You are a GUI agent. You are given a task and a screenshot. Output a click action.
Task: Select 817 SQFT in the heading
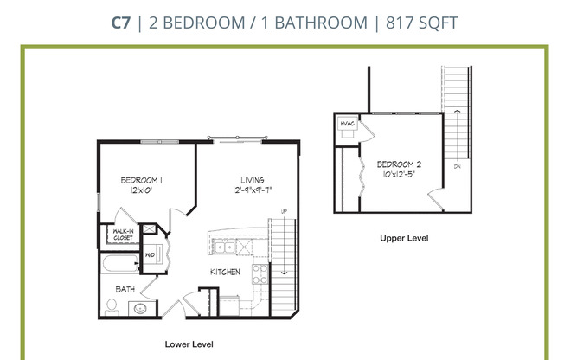pos(419,22)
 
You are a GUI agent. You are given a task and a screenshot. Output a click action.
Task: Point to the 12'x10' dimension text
pos(142,190)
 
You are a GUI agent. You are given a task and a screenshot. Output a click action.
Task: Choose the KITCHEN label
pos(225,273)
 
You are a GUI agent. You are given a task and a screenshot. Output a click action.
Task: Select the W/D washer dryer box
pos(149,255)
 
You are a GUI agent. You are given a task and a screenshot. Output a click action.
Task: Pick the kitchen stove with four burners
pos(258,274)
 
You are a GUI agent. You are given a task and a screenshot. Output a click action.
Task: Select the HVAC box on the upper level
pos(349,124)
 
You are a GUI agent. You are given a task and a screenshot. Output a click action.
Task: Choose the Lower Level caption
pos(189,344)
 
